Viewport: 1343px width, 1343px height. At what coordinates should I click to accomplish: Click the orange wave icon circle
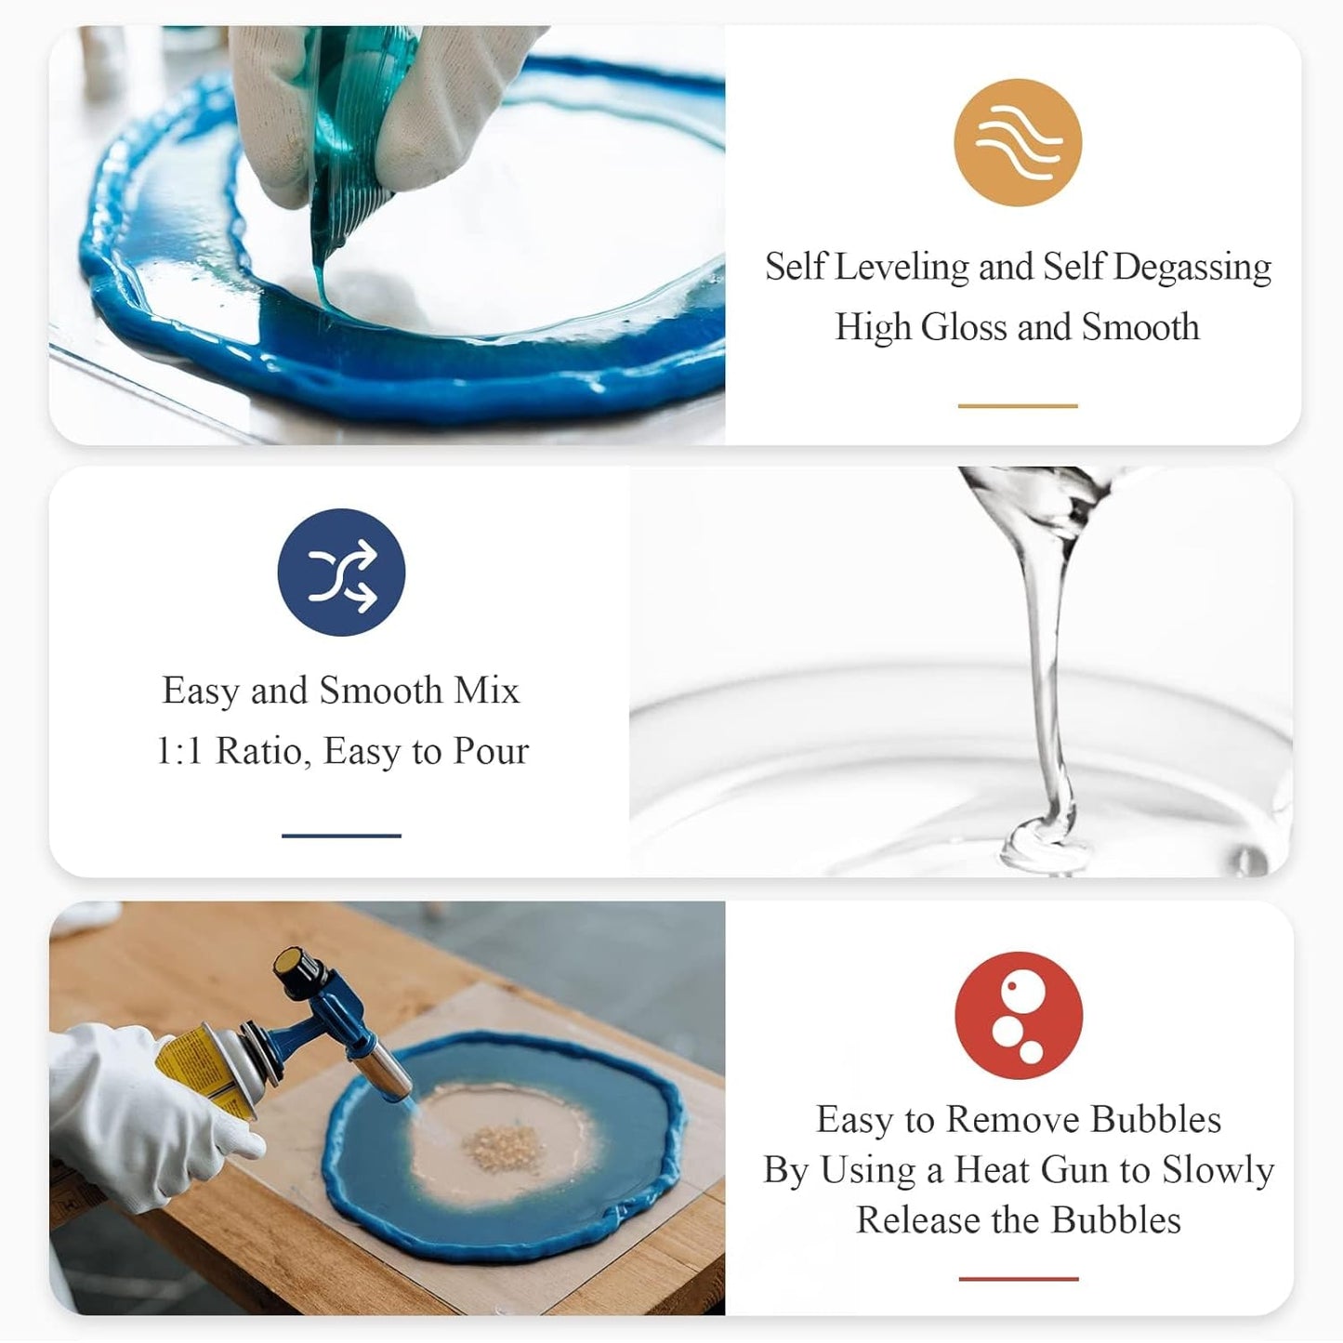point(1018,142)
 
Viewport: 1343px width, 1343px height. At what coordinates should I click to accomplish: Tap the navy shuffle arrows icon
point(341,573)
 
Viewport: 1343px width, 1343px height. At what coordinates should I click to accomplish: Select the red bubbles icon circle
point(1019,1015)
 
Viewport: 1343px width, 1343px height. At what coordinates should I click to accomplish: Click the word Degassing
point(1192,268)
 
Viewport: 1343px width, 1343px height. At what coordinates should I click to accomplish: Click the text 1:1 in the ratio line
point(179,751)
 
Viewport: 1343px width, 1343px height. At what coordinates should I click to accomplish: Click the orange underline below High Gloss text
point(1018,406)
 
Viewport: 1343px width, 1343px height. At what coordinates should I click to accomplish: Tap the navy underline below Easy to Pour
point(341,836)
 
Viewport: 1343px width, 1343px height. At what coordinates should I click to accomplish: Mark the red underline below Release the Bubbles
point(1019,1279)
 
